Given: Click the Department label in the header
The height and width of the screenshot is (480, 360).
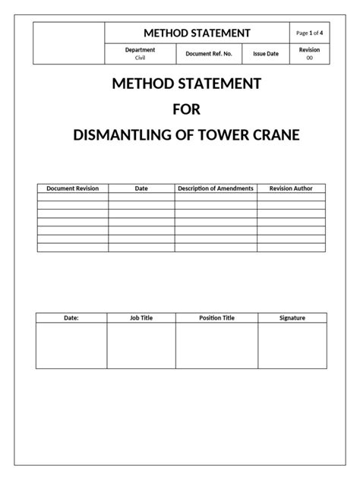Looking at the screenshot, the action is tap(140, 50).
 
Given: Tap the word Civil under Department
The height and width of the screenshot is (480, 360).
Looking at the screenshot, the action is tap(140, 58).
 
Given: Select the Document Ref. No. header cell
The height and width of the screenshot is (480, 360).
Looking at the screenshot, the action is tap(209, 54).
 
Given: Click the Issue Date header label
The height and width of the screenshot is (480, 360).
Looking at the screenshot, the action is tap(266, 54).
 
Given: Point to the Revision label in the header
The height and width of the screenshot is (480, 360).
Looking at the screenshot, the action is tap(309, 49).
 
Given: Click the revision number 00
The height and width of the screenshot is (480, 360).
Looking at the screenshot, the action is tap(309, 58).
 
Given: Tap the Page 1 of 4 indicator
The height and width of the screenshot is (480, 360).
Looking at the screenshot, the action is tap(309, 33).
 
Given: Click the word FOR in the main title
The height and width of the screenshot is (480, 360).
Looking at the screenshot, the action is tap(186, 109).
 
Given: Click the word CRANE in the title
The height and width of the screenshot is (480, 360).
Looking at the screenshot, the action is tap(279, 136).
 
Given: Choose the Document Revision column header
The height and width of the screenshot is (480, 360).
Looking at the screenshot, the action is tap(73, 188).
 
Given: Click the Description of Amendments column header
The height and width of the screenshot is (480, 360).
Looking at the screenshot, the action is tap(216, 188).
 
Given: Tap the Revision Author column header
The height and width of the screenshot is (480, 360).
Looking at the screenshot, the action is tap(292, 188).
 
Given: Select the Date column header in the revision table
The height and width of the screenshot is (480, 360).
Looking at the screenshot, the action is tap(141, 188).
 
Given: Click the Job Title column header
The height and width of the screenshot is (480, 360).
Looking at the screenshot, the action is tap(141, 318).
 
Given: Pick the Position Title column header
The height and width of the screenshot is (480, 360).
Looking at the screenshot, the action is tap(216, 318).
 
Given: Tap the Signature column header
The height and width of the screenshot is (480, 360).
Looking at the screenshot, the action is tap(292, 318).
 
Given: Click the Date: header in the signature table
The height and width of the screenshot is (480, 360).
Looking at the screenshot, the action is tap(71, 318).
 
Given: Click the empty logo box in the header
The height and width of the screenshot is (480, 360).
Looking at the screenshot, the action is tap(69, 43).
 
